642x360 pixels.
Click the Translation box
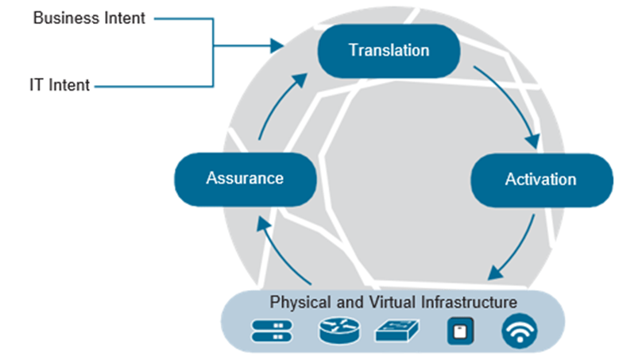point(389,50)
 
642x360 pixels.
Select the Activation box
point(541,179)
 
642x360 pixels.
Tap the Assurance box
point(245,178)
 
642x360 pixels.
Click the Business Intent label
point(89,17)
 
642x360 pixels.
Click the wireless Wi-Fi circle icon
point(519,331)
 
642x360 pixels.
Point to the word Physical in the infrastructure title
point(296,303)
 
